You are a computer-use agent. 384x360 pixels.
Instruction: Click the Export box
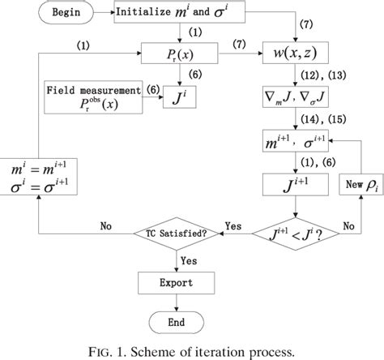pos(175,285)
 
